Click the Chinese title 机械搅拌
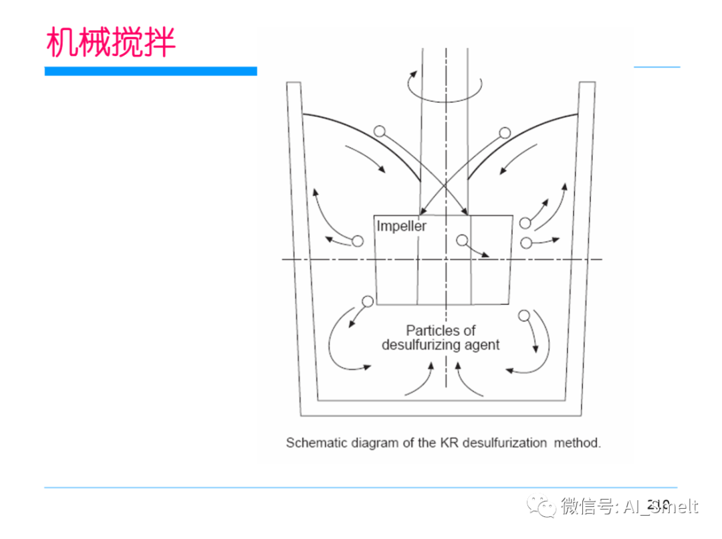coord(111,42)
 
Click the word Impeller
coord(401,226)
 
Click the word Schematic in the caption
coord(314,443)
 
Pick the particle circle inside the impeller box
coord(462,240)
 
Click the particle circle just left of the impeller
coord(358,241)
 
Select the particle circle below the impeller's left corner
coord(367,301)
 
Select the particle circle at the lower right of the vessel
coord(524,314)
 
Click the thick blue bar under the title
coord(151,71)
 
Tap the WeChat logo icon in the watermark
coord(541,506)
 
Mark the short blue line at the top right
coord(656,67)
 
